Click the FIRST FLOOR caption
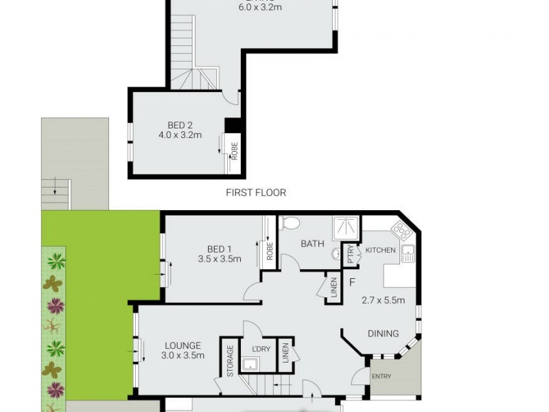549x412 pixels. click(256, 193)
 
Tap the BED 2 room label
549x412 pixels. click(180, 125)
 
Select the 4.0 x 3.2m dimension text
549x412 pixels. click(180, 135)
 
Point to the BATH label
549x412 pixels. click(312, 243)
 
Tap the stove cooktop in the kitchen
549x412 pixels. click(401, 229)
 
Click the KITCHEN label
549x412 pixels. click(381, 250)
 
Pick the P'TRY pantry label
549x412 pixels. click(351, 255)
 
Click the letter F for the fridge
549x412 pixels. click(352, 282)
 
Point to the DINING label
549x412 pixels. click(383, 334)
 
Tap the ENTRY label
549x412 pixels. click(381, 376)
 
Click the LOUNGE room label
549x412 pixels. click(183, 345)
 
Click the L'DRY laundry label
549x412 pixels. click(261, 349)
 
